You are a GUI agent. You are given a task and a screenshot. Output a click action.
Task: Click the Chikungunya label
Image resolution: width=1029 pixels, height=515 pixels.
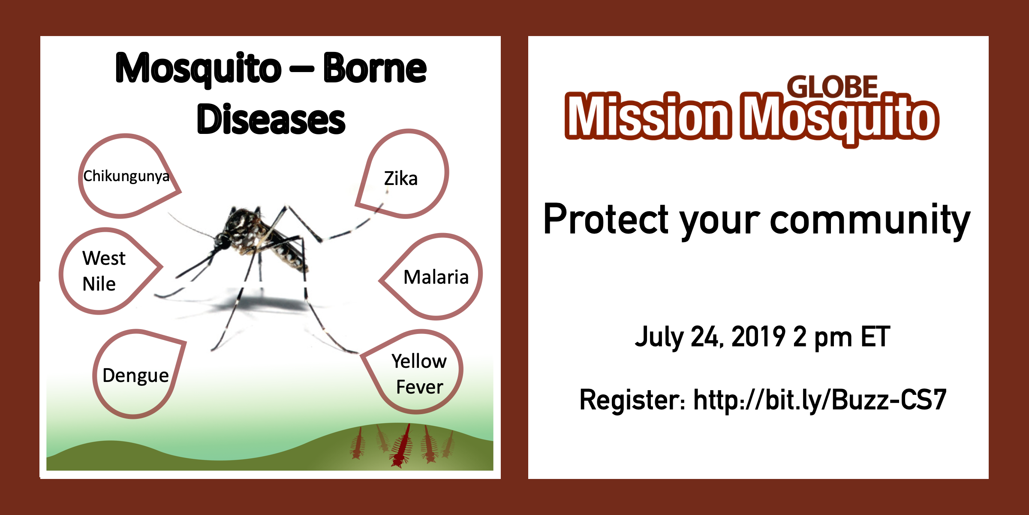tap(126, 176)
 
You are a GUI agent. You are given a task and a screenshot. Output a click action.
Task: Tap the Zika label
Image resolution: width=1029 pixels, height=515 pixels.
tap(400, 179)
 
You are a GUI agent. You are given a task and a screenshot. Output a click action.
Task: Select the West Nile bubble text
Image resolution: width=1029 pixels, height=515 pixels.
tap(104, 271)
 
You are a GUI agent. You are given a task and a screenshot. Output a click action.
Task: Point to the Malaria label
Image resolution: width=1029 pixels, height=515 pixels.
tap(436, 277)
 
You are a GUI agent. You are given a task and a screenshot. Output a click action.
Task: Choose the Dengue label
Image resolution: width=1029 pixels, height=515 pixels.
tap(135, 376)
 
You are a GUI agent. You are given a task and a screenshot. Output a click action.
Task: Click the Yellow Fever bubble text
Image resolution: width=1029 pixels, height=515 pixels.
tap(419, 374)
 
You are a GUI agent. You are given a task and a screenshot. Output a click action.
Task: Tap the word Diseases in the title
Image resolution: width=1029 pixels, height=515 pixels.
tap(271, 119)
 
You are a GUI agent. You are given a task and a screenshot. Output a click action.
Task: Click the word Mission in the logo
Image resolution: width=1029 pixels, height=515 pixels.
tap(648, 116)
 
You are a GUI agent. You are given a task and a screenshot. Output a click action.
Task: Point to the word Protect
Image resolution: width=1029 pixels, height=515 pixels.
tap(606, 219)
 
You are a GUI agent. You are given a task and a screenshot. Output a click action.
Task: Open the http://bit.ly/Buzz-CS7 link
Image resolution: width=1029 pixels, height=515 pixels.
tap(820, 400)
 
